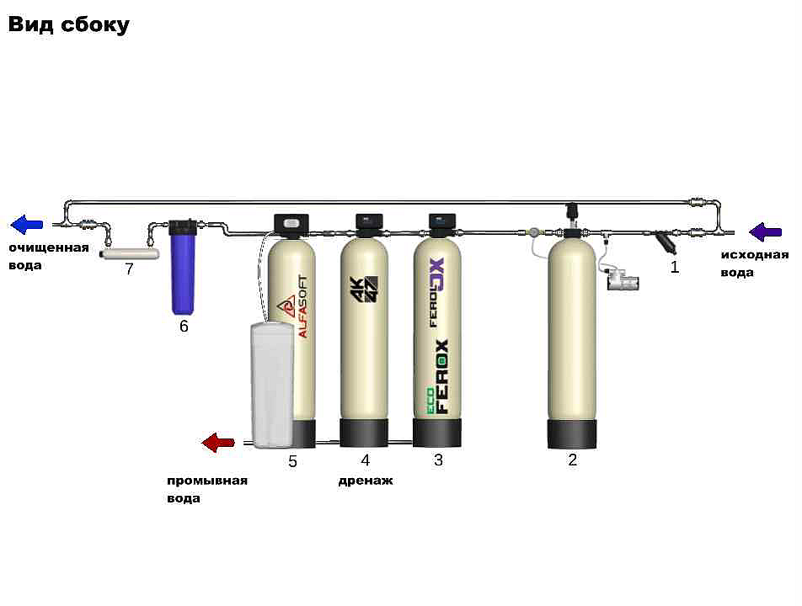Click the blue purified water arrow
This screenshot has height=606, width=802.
(27, 225)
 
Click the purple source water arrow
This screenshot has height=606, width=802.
(766, 231)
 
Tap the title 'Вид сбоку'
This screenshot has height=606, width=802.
(69, 24)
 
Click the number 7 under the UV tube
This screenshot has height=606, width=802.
(129, 269)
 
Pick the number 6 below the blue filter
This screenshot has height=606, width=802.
(184, 327)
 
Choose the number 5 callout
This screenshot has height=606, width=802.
(292, 461)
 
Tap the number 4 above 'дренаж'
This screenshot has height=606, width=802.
(365, 460)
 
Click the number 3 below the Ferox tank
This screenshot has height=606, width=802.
(438, 460)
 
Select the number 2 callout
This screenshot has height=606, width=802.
(573, 460)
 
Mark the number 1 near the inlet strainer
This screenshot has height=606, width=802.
(674, 268)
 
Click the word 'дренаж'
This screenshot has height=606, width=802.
(366, 481)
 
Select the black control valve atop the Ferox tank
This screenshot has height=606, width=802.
(442, 224)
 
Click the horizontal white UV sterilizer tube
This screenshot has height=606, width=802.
(130, 252)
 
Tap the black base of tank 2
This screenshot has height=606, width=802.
(573, 433)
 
